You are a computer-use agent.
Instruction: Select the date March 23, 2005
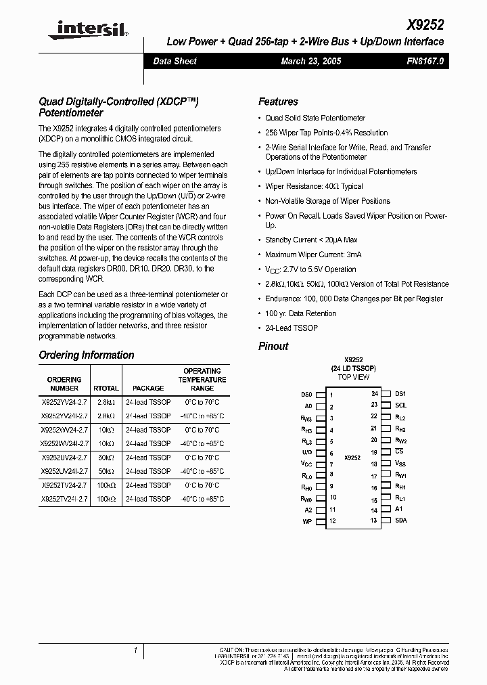click(x=310, y=61)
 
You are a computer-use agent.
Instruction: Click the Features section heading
click(x=278, y=102)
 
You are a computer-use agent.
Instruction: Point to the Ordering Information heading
click(x=87, y=355)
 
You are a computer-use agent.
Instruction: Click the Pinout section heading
click(x=273, y=346)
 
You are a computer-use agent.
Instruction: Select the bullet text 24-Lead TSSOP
click(x=291, y=328)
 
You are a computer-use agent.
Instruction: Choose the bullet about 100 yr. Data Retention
click(x=300, y=313)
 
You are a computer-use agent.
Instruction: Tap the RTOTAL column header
click(x=106, y=388)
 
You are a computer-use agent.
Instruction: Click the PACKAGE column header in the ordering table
click(x=148, y=388)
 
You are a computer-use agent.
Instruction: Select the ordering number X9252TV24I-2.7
click(x=64, y=498)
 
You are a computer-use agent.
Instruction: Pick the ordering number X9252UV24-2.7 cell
click(x=64, y=458)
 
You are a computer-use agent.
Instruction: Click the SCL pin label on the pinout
click(x=400, y=405)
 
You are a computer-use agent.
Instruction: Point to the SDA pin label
click(x=400, y=521)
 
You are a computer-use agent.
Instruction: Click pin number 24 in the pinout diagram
click(x=374, y=393)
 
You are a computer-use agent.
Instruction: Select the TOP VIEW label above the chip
click(x=353, y=377)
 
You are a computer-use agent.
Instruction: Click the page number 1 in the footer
click(x=136, y=650)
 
